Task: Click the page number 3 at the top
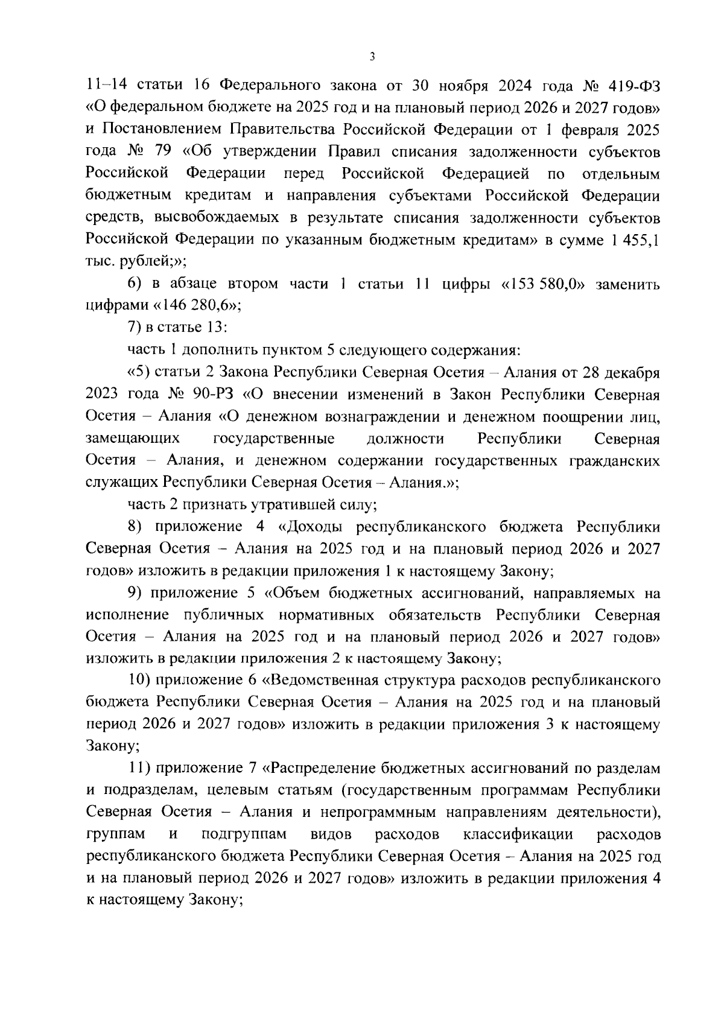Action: coord(372,57)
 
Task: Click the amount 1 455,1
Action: coord(635,240)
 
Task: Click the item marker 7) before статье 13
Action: coord(138,328)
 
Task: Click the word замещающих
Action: coord(133,439)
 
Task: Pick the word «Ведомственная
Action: coord(318,681)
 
